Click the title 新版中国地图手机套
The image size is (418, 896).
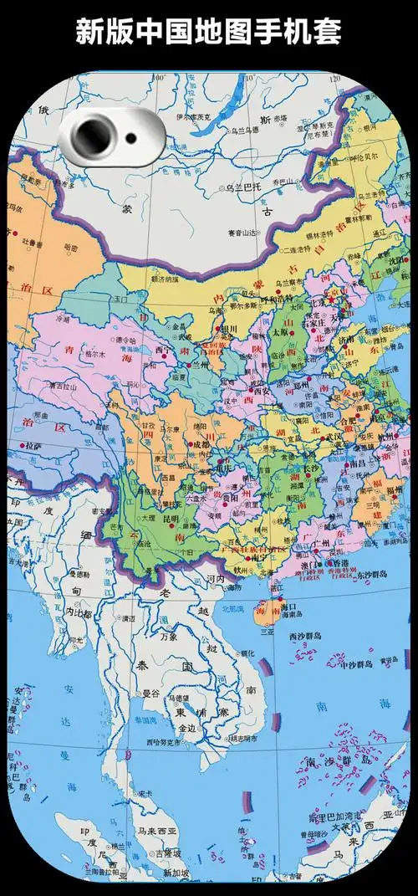pos(208,31)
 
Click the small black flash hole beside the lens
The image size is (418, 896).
pos(131,138)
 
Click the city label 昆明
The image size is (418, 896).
pos(172,520)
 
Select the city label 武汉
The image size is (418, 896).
pos(334,438)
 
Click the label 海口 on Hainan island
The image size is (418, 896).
pos(288,605)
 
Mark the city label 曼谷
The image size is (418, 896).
pos(150,694)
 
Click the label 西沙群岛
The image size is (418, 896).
pos(306,637)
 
